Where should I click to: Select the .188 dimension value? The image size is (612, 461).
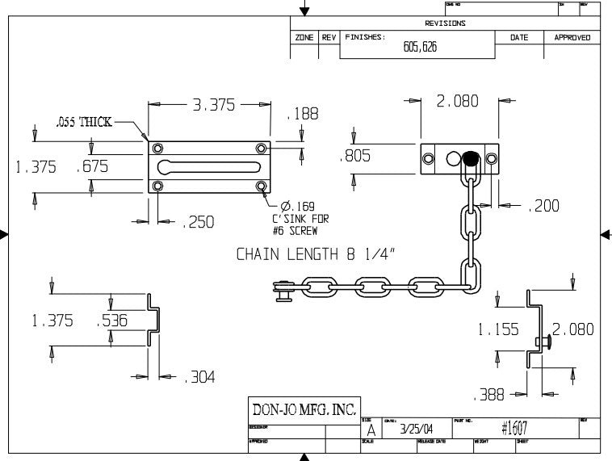coord(303,114)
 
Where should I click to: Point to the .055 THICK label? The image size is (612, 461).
coord(83,123)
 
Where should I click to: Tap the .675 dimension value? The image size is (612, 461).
coord(92,166)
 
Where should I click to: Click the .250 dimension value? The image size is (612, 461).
coord(198,222)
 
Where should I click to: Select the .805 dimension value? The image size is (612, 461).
coord(356,156)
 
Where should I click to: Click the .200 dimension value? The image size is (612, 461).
coord(543,207)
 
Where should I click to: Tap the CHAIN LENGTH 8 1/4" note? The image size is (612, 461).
coord(319,254)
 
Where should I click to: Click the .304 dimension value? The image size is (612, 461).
coord(199,376)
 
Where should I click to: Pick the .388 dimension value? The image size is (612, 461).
coord(488,395)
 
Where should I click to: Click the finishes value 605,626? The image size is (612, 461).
coord(420,47)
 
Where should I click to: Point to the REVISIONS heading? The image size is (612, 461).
coord(445,23)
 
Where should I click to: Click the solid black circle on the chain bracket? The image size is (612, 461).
coord(471,159)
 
